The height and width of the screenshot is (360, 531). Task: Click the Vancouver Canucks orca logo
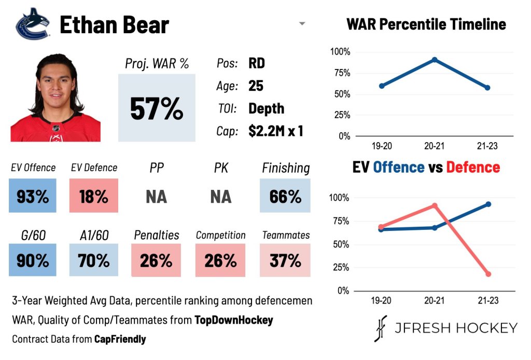(33, 24)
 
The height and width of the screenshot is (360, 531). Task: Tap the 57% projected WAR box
(157, 108)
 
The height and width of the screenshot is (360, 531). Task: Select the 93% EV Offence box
(33, 196)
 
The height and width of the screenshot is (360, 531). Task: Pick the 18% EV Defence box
(94, 196)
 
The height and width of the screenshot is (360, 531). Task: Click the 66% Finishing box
(285, 196)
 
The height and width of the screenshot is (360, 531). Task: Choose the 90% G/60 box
(33, 260)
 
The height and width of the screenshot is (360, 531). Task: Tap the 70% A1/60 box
(94, 260)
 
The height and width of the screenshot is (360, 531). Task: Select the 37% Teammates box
(285, 260)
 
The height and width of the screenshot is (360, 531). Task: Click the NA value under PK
(221, 197)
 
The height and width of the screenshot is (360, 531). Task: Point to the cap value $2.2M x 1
(276, 131)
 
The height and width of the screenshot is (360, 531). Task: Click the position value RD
(257, 63)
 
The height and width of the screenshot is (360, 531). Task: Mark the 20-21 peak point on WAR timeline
(435, 60)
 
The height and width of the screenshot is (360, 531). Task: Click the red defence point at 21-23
(488, 274)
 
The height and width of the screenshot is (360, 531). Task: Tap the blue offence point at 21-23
(488, 204)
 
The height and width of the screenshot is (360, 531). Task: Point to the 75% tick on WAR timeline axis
(342, 73)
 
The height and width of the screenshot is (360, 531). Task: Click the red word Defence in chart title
(473, 168)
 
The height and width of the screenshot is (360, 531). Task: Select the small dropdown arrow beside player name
(302, 24)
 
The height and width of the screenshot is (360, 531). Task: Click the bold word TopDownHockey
(234, 320)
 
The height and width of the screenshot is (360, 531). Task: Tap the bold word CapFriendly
(120, 339)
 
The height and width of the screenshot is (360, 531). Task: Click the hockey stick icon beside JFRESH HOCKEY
(381, 328)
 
